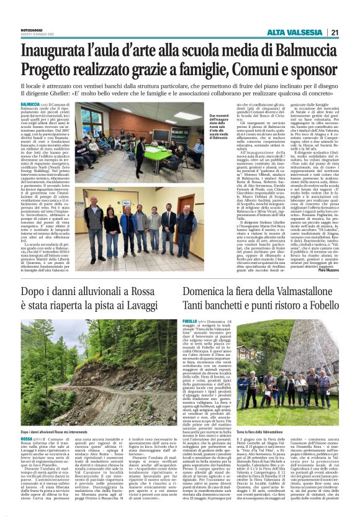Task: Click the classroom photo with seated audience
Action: (x=128, y=142)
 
